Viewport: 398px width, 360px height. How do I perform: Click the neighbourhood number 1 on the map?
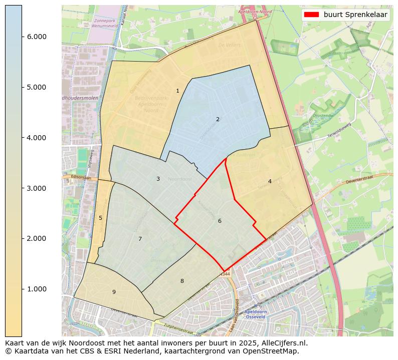point(177,91)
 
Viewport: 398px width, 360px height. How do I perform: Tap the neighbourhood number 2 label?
point(218,119)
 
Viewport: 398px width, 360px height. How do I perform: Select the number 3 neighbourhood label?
point(158,179)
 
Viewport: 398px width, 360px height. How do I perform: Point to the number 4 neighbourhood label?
point(270,181)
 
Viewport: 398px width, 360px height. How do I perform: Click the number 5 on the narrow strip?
point(100,218)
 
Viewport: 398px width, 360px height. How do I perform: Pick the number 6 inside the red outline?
point(220,221)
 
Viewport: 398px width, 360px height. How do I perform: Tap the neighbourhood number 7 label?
point(140,239)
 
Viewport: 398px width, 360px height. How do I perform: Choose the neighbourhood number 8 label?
point(182,281)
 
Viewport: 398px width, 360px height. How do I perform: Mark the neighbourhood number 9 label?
point(114,292)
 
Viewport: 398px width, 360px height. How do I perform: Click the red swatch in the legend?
point(311,15)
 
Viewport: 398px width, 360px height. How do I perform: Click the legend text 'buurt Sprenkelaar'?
point(355,15)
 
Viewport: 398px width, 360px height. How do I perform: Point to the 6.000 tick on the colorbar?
point(36,37)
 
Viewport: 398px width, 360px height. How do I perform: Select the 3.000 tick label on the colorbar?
point(36,188)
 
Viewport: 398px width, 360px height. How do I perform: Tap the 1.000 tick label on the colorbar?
point(36,289)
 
